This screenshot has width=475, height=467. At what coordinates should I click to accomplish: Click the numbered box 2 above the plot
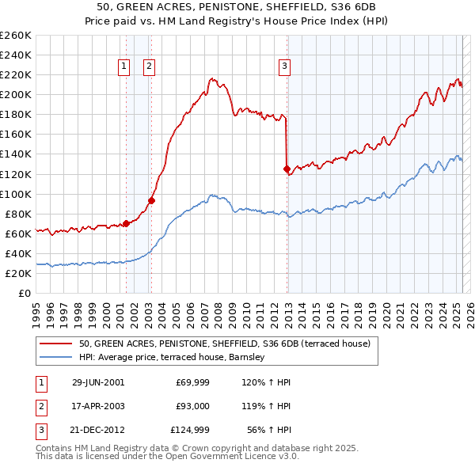[149, 67]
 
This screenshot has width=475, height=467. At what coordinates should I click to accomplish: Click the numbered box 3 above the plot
[284, 67]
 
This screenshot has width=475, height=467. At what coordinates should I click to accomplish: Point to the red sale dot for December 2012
[287, 169]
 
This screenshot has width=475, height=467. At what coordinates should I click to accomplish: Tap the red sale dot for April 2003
[151, 200]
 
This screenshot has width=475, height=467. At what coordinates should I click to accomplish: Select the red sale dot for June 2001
[126, 223]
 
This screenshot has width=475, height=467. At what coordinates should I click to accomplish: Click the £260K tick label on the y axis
[15, 36]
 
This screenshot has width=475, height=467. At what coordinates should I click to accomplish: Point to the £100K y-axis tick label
[15, 194]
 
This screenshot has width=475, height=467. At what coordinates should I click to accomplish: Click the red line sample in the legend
[56, 344]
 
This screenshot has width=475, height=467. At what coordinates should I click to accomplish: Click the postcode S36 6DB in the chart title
[351, 7]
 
